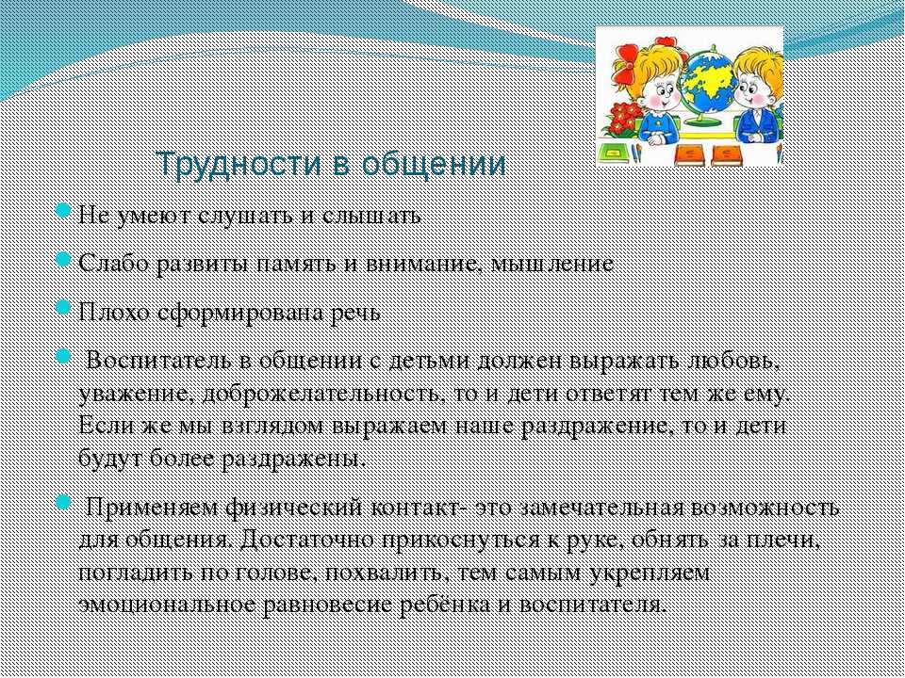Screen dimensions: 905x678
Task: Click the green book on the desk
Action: [x=613, y=153]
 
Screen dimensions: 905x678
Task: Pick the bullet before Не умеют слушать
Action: [x=62, y=212]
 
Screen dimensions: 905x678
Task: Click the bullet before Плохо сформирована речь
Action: [x=62, y=307]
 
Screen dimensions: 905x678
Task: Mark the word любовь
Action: [x=734, y=362]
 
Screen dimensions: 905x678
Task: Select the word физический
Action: [x=294, y=508]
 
